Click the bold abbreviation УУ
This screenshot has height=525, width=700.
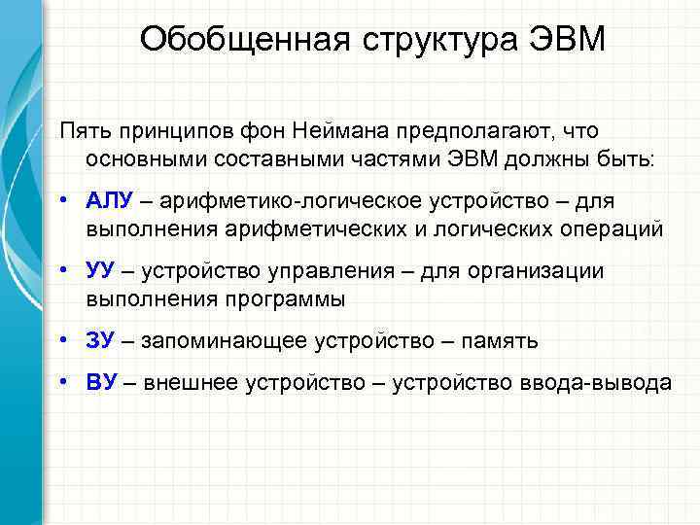click(x=100, y=271)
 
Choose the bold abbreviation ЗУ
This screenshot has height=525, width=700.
click(x=100, y=340)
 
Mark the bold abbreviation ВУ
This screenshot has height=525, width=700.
click(x=101, y=382)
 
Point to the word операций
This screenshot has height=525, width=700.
click(x=609, y=228)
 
